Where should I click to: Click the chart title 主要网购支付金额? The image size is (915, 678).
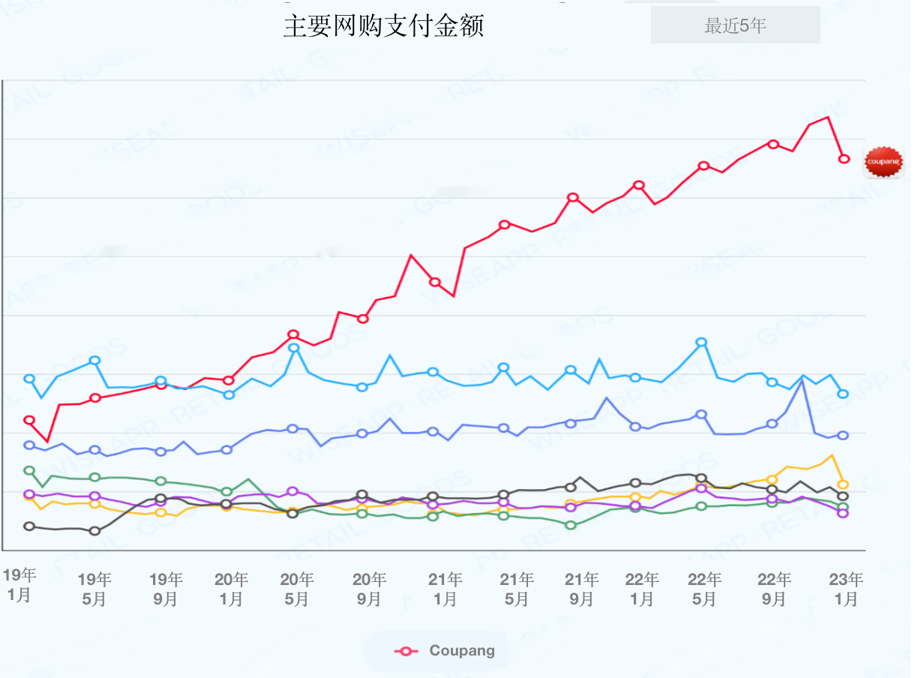383,26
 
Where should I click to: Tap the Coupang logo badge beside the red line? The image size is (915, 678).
883,162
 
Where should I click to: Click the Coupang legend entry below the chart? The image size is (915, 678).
446,651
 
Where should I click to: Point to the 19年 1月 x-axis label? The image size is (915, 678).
19,586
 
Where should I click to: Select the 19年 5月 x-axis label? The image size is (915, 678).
94,589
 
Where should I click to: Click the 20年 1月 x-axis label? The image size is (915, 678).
231,589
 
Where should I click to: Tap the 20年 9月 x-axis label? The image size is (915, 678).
369,589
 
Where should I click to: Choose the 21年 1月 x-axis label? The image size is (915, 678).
445,589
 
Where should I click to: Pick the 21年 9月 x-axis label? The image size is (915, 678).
582,589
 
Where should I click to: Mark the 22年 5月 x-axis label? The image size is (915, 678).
704,589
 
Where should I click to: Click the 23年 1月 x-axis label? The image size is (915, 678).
846,589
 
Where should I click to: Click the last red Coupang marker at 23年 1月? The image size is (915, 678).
844,159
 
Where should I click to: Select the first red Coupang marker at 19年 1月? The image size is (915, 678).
29,420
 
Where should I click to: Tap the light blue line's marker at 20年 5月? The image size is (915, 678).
294,348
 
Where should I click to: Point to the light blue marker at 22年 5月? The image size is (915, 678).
701,342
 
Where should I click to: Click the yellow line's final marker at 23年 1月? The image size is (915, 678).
843,484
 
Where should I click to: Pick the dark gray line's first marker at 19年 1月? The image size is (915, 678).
29,526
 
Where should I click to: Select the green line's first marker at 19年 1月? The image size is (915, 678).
29,470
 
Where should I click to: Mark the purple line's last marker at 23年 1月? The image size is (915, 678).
843,513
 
